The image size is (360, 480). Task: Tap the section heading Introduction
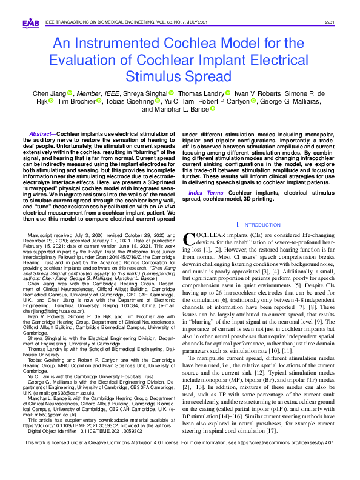point(262,224)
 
